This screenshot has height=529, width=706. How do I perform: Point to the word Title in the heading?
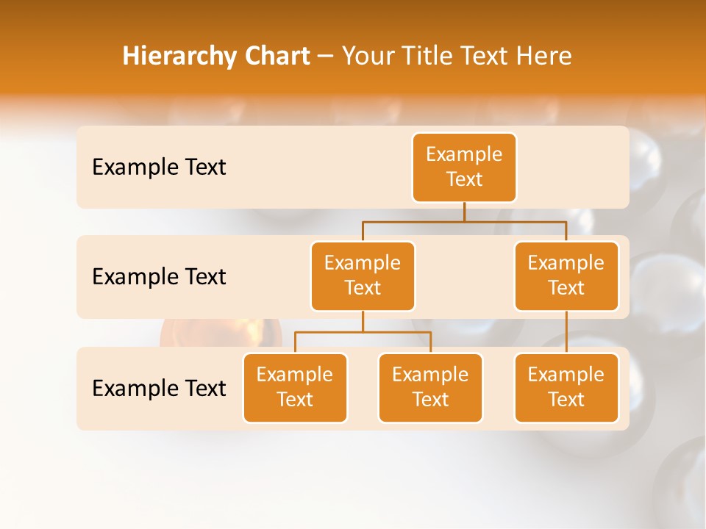[430, 57]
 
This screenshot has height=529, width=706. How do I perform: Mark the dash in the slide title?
[326, 57]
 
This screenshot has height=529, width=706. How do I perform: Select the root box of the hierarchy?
[464, 167]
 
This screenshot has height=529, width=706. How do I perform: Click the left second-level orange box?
[363, 276]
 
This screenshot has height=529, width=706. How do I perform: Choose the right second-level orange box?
[566, 276]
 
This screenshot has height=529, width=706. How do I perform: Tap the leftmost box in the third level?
[295, 387]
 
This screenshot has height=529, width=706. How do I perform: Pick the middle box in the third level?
[430, 387]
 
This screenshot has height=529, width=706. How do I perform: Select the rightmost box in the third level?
[566, 387]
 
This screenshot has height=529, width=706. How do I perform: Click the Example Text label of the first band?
[159, 168]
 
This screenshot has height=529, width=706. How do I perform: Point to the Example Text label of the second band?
[159, 277]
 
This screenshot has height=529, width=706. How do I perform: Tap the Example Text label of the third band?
[159, 388]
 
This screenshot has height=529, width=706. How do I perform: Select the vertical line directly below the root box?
[464, 212]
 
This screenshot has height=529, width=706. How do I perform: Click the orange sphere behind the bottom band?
[221, 334]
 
